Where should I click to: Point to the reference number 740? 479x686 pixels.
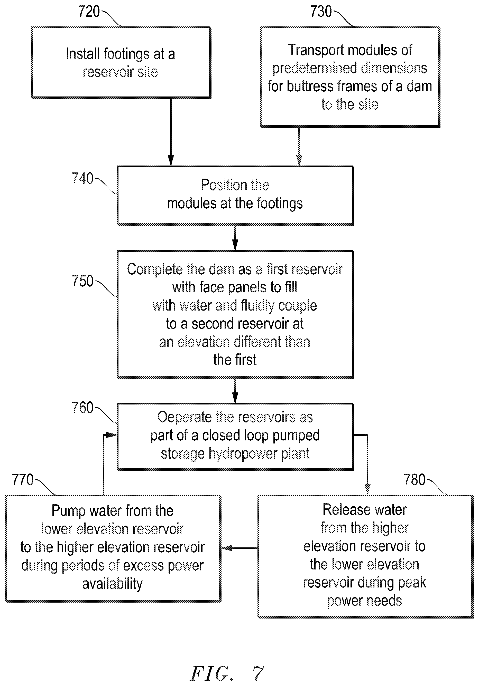[x=82, y=178]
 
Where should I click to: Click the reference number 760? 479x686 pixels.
[x=82, y=408]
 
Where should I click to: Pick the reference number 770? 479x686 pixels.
[x=23, y=480]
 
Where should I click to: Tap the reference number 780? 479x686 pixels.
[x=415, y=480]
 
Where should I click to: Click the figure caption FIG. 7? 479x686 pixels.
[x=227, y=673]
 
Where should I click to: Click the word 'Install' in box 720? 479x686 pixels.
[x=82, y=54]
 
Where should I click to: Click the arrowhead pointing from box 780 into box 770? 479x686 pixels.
[x=226, y=548]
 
